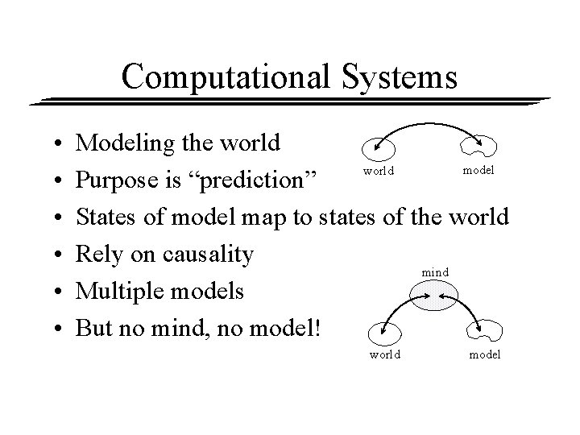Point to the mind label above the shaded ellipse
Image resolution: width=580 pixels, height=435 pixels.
(435, 273)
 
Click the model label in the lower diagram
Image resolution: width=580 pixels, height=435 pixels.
(484, 354)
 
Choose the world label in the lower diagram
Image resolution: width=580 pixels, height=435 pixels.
(384, 354)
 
